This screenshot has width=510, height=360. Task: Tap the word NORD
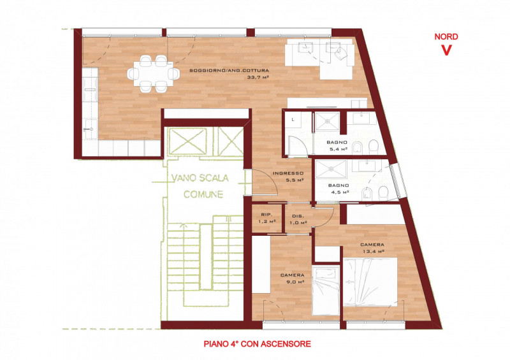[446, 37]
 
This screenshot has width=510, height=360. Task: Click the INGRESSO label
[282, 174]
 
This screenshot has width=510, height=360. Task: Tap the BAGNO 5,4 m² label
[338, 145]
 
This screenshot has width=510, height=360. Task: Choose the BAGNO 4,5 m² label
[338, 188]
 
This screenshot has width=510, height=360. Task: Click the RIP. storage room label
[267, 215]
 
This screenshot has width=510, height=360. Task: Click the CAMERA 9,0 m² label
[293, 279]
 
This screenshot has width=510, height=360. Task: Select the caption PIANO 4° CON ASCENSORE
[257, 343]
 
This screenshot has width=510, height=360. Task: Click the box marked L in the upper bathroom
[293, 119]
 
